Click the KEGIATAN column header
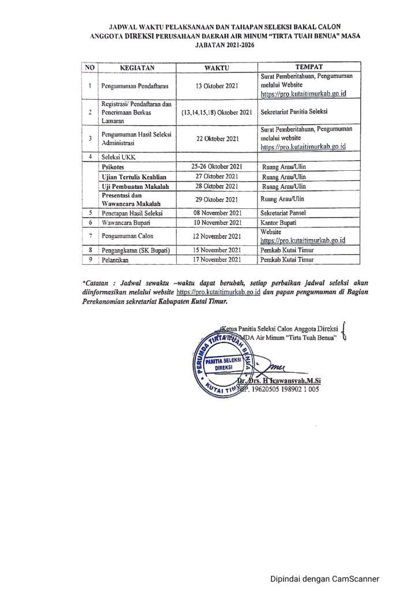coord(138,68)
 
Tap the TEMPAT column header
coord(308,67)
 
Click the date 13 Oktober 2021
coord(216,86)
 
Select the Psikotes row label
coord(114,166)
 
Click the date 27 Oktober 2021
coord(216,176)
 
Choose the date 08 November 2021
coord(216,213)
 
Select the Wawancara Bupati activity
coord(126,223)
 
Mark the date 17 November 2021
coord(216,260)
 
